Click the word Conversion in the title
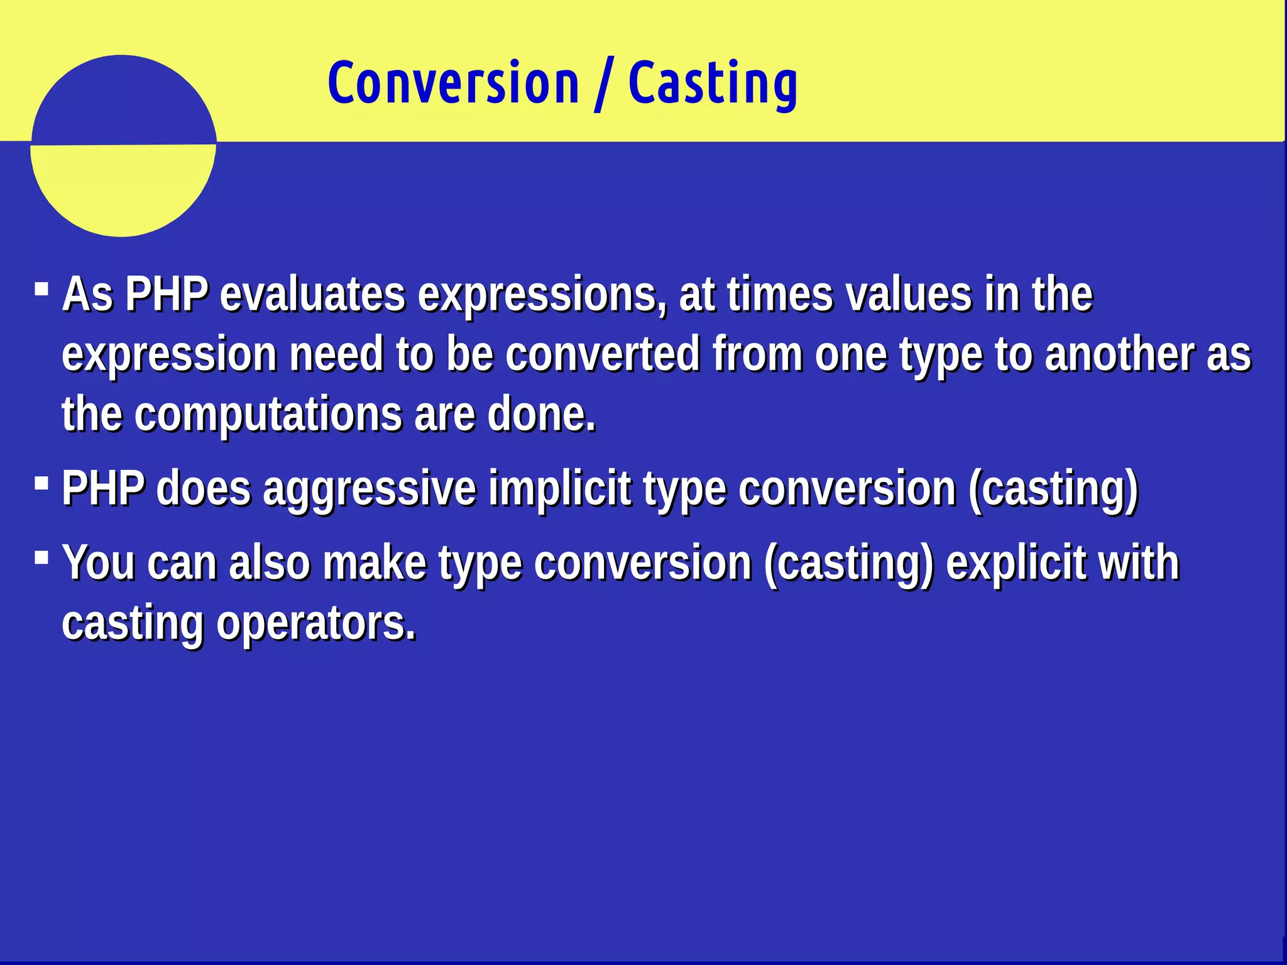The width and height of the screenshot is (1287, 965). (453, 83)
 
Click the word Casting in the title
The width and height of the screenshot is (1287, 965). (713, 84)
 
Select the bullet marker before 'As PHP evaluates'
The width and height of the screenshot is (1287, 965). (42, 289)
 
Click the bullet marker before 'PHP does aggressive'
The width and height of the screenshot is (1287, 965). (42, 483)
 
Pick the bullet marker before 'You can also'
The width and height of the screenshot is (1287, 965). (42, 557)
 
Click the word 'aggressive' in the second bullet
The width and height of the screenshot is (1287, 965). (370, 489)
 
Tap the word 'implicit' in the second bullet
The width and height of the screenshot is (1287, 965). (559, 489)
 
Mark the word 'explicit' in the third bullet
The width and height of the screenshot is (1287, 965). (1016, 563)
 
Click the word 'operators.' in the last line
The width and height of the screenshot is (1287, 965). (316, 623)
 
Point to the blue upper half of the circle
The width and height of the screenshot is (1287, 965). (123, 101)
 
